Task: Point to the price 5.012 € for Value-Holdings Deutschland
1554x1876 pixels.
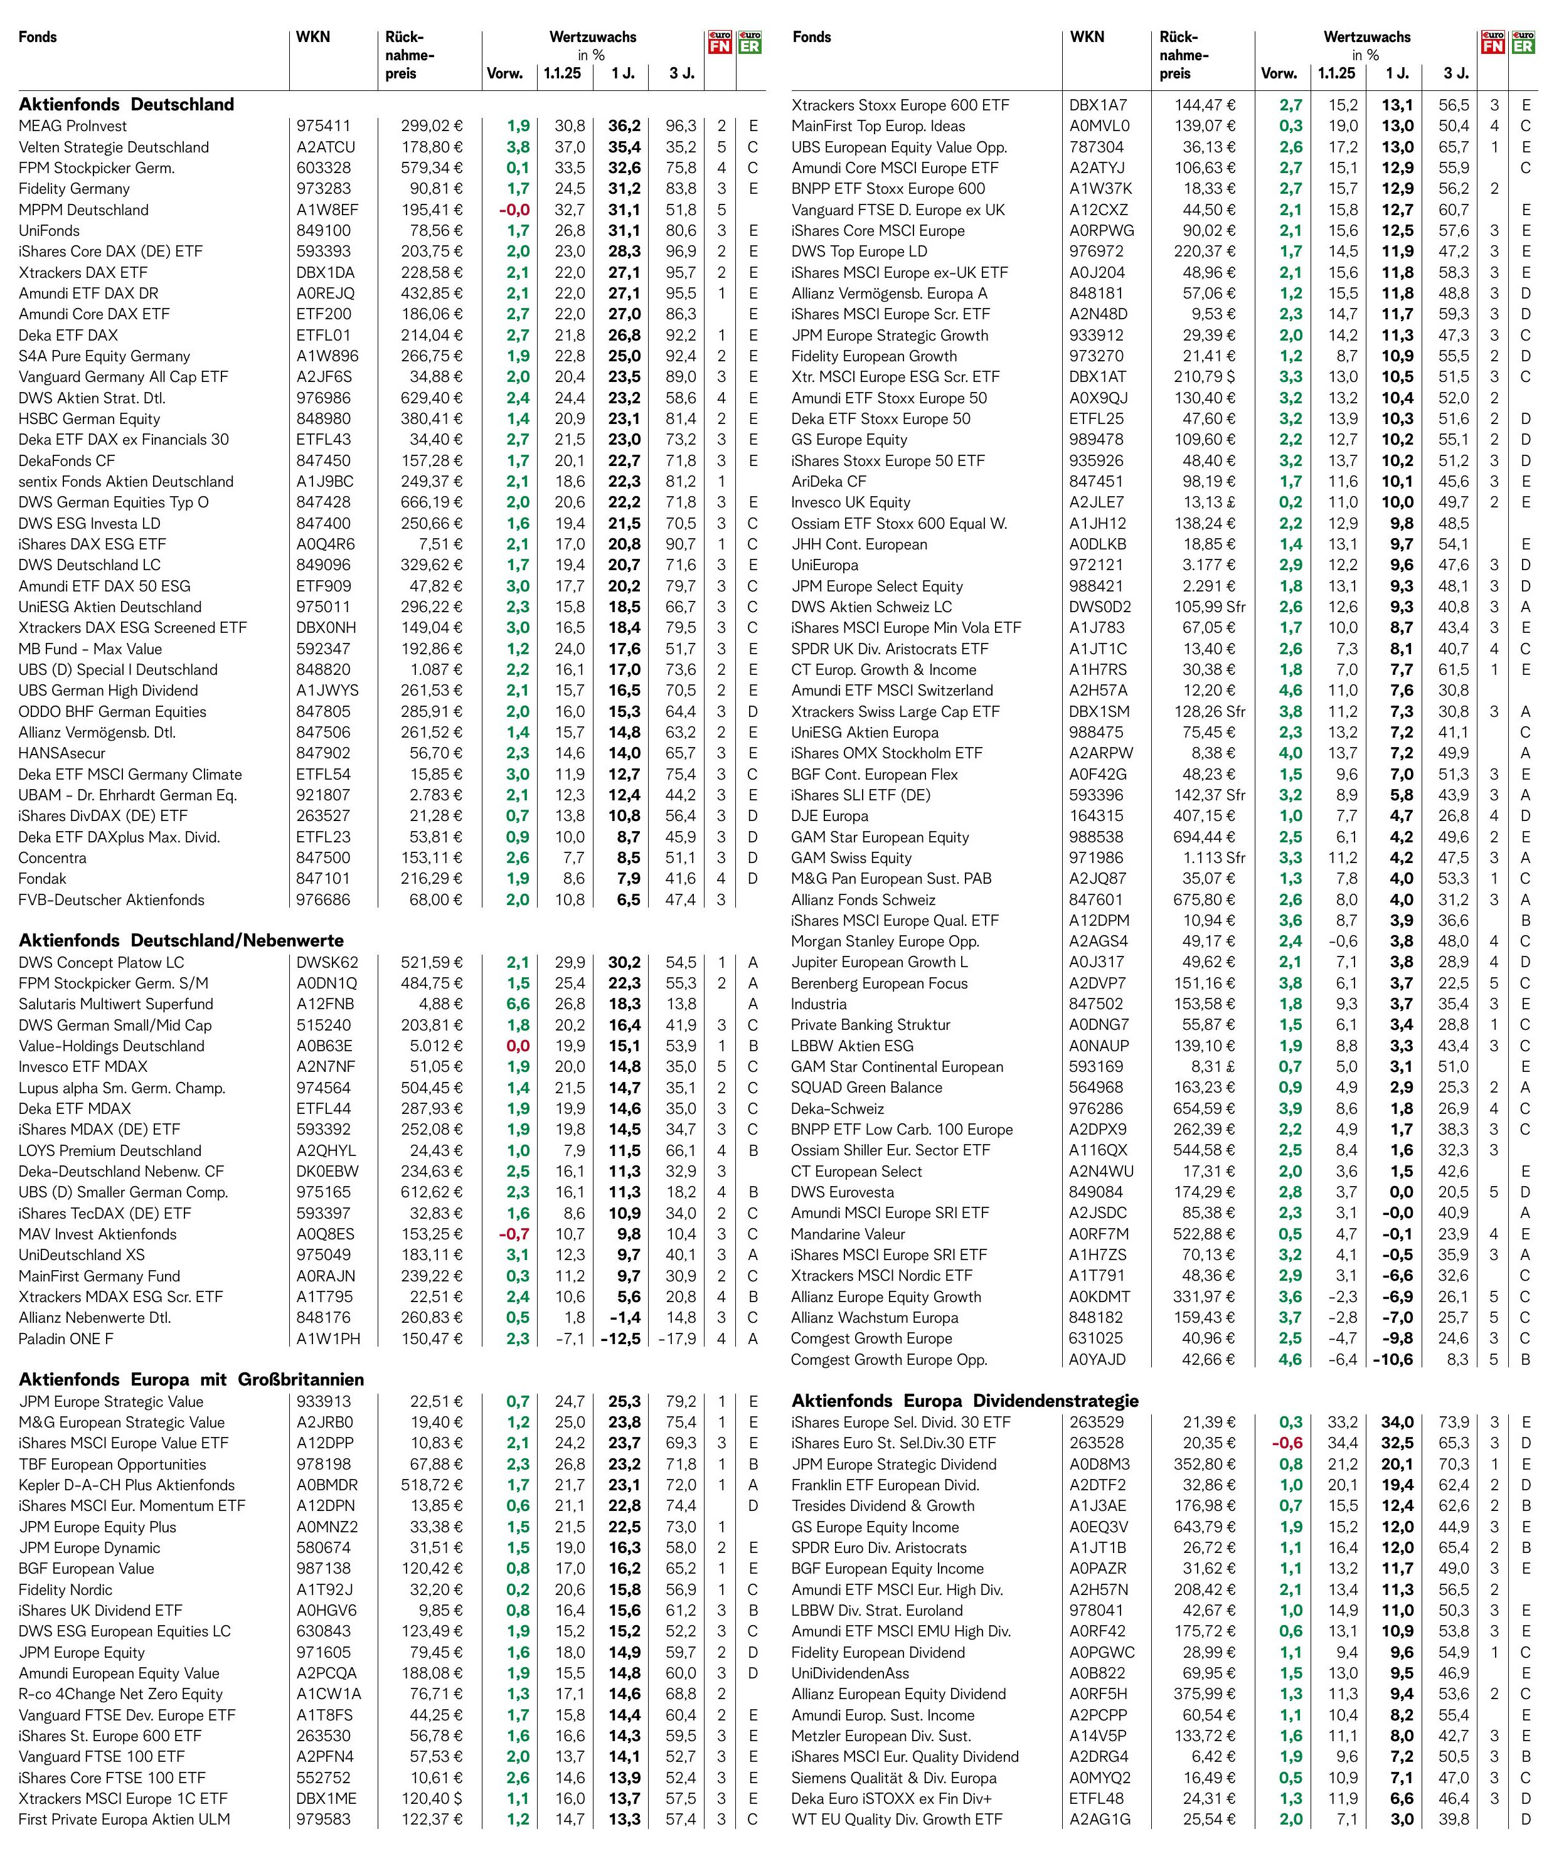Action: click(x=435, y=1046)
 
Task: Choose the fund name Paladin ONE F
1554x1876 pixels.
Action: click(x=66, y=1338)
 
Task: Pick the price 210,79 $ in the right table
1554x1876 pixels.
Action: click(x=1204, y=377)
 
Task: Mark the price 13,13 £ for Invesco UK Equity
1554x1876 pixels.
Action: click(x=1209, y=502)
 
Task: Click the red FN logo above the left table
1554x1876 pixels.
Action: click(x=720, y=42)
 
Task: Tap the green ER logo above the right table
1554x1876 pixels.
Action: click(x=1523, y=42)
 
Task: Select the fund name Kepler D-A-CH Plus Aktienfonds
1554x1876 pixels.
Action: click(x=127, y=1485)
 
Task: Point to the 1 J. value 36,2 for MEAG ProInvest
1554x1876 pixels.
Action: click(x=624, y=126)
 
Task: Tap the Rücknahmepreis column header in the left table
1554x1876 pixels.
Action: click(x=409, y=55)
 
